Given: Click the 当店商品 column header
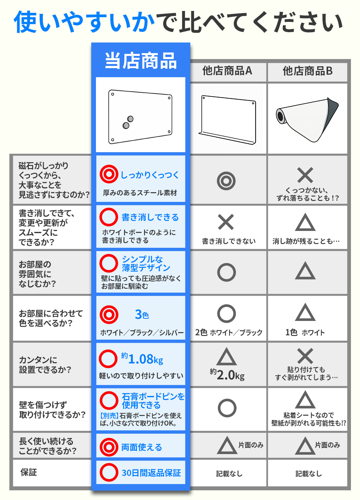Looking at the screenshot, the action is pos(141,61).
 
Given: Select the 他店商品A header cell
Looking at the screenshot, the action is pos(227,71).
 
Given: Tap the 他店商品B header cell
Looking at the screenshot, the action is pos(307,71).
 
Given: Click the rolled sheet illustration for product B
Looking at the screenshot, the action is pos(307,119).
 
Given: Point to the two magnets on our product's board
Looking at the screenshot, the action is pos(128,122).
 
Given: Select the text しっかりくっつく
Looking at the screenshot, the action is pos(150,175).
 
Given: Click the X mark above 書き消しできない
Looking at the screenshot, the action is pos(226,222).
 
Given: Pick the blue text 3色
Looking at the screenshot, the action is pos(142,314).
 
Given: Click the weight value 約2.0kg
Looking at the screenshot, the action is pos(227,375).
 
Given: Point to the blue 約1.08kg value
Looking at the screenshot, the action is pos(142,359).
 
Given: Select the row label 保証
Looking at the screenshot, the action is pos(28,472).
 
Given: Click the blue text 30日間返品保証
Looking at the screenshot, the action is pos(151,473).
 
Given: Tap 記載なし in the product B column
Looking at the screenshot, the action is pos(309,473).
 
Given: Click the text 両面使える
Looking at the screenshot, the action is pos(142,447).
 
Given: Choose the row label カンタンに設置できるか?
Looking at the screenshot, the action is pos(45,365).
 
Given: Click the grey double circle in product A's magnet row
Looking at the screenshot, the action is pos(226,181).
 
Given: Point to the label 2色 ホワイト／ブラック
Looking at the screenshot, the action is pos(229,332).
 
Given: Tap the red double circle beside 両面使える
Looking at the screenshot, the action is pos(109,447).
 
